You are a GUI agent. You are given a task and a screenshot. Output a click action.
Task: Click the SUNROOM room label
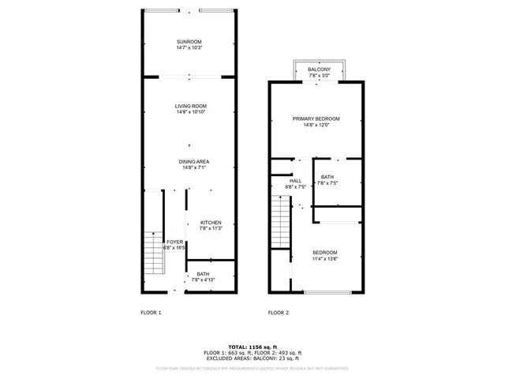(189, 41)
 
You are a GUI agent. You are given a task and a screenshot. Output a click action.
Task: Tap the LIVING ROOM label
(189, 106)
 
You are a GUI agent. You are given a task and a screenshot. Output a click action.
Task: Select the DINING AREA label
(189, 162)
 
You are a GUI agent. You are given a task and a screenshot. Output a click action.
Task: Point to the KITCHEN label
(210, 223)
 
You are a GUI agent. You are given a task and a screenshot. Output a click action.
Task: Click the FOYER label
(174, 242)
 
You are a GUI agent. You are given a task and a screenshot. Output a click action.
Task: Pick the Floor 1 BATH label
(203, 274)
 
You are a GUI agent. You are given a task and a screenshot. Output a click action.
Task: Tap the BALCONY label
(320, 70)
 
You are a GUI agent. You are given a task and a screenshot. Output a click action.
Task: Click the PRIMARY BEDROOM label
(315, 118)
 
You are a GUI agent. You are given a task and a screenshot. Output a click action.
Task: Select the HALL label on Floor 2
(296, 181)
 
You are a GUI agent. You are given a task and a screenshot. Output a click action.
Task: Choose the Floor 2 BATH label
(327, 177)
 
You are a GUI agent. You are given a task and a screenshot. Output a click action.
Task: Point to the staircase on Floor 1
(151, 253)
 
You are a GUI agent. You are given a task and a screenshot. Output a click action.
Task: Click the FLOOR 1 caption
(151, 313)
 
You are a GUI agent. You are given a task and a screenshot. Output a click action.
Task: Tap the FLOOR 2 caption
(279, 313)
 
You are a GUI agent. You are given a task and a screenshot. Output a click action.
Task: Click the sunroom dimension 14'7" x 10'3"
(189, 47)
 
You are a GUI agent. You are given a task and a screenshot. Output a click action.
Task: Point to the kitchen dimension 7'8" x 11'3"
(210, 229)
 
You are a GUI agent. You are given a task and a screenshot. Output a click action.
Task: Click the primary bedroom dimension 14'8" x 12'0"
(315, 125)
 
